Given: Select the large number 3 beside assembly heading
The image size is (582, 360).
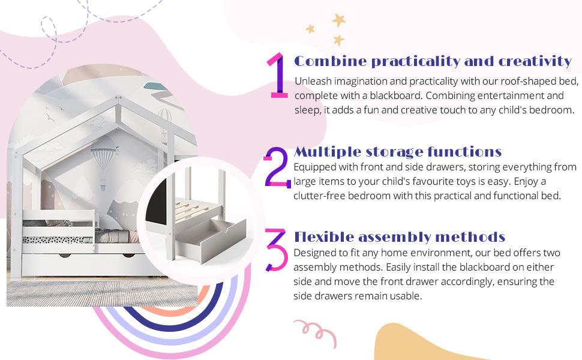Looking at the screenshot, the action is [277, 250].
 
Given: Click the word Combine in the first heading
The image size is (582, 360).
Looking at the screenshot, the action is [331, 61].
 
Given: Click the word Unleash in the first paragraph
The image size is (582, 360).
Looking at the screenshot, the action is [313, 81].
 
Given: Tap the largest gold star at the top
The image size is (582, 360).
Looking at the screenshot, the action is [338, 20].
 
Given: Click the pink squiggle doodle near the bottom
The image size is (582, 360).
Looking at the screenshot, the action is [316, 331].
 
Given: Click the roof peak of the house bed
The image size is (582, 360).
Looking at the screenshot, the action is [118, 98].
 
